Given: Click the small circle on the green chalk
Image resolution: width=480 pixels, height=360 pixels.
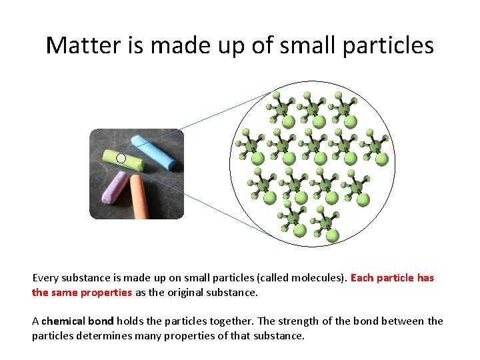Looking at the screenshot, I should coord(121,159).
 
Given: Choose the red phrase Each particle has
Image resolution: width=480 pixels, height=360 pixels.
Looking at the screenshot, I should coord(392,278).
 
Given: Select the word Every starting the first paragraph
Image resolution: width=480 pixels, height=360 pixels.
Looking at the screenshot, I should coord(45,278).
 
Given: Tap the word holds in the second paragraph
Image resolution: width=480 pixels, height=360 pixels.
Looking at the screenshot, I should coord(130,321).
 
